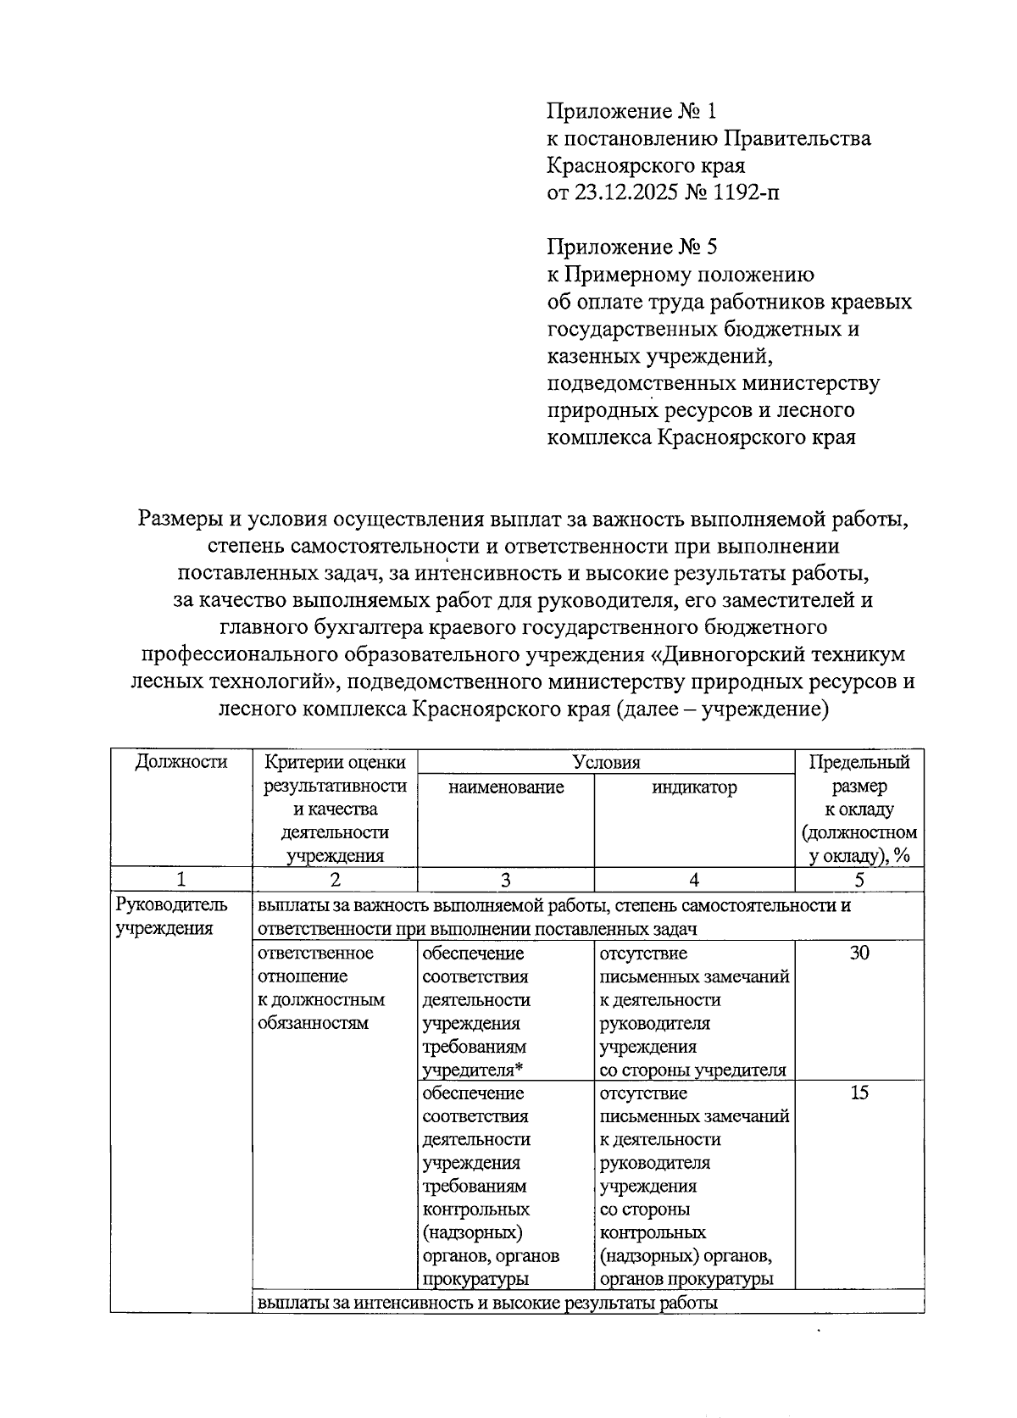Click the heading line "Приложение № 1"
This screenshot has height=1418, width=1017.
click(631, 111)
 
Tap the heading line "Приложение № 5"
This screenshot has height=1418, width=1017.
click(631, 247)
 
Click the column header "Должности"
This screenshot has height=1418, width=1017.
click(181, 761)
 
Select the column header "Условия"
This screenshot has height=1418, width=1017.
click(606, 761)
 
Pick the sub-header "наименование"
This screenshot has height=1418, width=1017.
click(506, 787)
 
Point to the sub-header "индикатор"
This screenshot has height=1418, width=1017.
click(694, 787)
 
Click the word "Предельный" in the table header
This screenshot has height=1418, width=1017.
click(859, 761)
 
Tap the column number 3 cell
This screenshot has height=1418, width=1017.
click(506, 880)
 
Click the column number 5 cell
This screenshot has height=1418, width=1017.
click(859, 880)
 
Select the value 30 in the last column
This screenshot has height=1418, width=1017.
click(859, 953)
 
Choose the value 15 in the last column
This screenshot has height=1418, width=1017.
click(859, 1093)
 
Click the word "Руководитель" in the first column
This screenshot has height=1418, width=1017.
click(160, 905)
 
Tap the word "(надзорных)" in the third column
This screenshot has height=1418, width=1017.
click(472, 1232)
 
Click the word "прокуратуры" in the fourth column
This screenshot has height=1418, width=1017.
click(720, 1278)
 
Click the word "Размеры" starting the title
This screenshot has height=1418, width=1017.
click(177, 518)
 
